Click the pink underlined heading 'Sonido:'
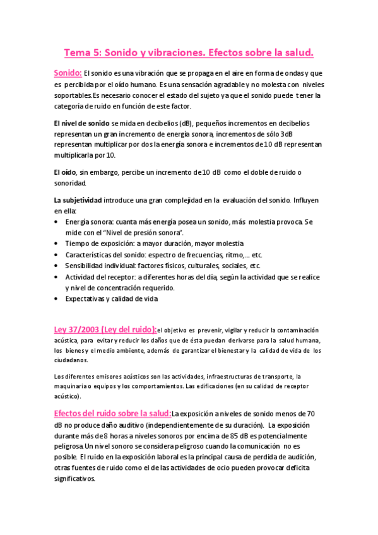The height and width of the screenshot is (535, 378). (67, 73)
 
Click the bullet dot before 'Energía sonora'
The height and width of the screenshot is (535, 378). (57, 222)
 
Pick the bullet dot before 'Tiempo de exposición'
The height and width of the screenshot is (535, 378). (57, 244)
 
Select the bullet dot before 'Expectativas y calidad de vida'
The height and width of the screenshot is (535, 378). (57, 298)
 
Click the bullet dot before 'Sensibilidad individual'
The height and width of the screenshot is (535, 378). (57, 266)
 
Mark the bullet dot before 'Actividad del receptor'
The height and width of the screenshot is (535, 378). (57, 277)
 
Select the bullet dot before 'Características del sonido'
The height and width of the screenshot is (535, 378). (57, 255)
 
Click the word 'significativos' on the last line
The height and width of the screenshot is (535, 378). (74, 479)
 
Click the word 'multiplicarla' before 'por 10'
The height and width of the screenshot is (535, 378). (75, 155)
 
